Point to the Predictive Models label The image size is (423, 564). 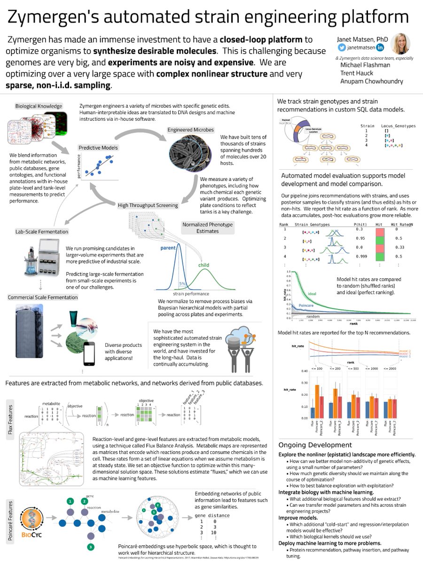(x=98, y=147)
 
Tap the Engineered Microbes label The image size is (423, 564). (x=190, y=129)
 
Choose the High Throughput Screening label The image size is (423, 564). (x=148, y=205)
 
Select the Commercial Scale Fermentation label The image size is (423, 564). (x=43, y=297)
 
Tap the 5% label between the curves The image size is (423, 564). (x=182, y=283)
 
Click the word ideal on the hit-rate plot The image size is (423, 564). (x=312, y=294)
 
